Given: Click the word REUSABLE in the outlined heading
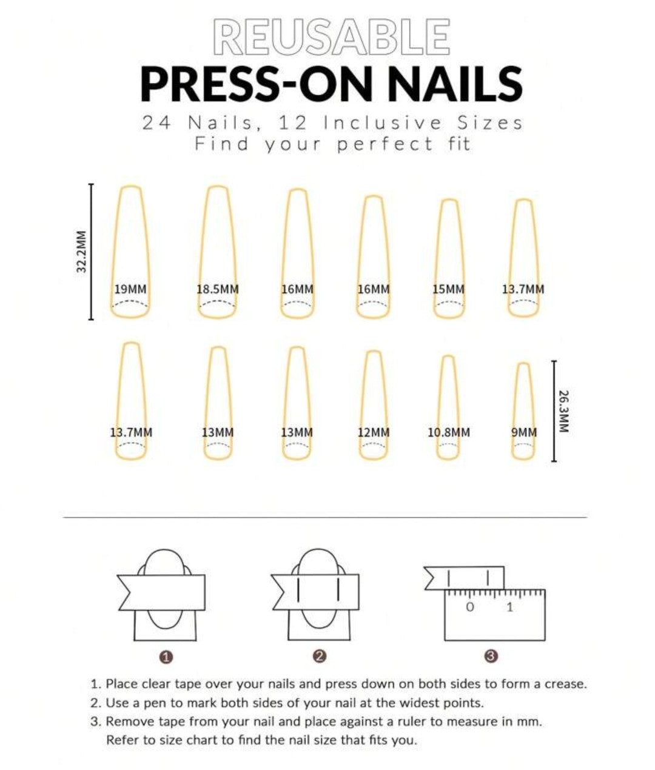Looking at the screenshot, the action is tap(331, 37).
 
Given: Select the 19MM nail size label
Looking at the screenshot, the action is tap(130, 289).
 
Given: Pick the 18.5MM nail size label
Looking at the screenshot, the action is tap(218, 289).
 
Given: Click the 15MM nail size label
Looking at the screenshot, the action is tap(449, 289).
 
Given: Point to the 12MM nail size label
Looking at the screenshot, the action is tap(374, 432).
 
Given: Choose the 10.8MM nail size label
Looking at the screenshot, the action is tap(449, 432).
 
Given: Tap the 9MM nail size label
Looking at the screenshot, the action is tap(524, 432).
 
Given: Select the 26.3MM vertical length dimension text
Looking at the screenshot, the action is tap(564, 411).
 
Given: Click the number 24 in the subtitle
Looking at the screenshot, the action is tap(157, 123).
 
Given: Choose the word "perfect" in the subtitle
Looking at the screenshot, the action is tap(385, 144).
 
